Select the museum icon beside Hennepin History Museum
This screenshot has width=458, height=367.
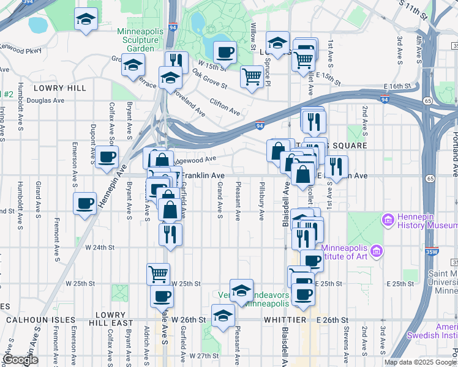pyautogui.click(x=387, y=219)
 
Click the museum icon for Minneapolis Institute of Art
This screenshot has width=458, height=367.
pyautogui.click(x=376, y=251)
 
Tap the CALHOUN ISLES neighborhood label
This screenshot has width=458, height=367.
pyautogui.click(x=40, y=320)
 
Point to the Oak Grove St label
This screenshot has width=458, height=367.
pyautogui.click(x=209, y=78)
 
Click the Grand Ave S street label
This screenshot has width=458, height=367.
pyautogui.click(x=219, y=202)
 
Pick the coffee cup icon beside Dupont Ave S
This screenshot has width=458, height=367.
pyautogui.click(x=107, y=156)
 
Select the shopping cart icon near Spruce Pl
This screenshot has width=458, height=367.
pyautogui.click(x=252, y=76)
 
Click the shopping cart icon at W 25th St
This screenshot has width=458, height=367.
pyautogui.click(x=158, y=273)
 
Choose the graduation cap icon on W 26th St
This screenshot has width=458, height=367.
pyautogui.click(x=223, y=316)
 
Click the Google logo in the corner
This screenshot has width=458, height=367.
pyautogui.click(x=20, y=360)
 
